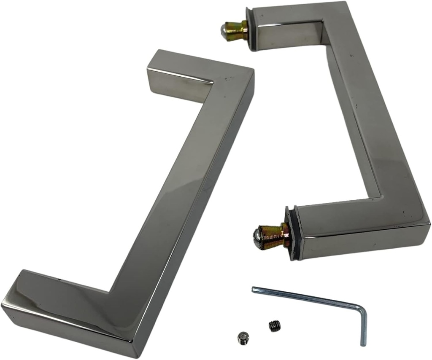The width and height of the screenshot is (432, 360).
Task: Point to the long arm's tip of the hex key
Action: pyautogui.click(x=254, y=289)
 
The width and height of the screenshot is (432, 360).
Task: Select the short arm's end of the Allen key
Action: pyautogui.click(x=363, y=344)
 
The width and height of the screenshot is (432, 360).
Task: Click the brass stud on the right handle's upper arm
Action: pyautogui.click(x=238, y=31)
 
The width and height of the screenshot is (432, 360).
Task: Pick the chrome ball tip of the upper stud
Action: pyautogui.click(x=224, y=30)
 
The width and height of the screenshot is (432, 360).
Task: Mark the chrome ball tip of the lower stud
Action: pyautogui.click(x=258, y=234)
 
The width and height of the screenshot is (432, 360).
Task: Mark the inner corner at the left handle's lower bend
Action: pyautogui.click(x=111, y=291)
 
